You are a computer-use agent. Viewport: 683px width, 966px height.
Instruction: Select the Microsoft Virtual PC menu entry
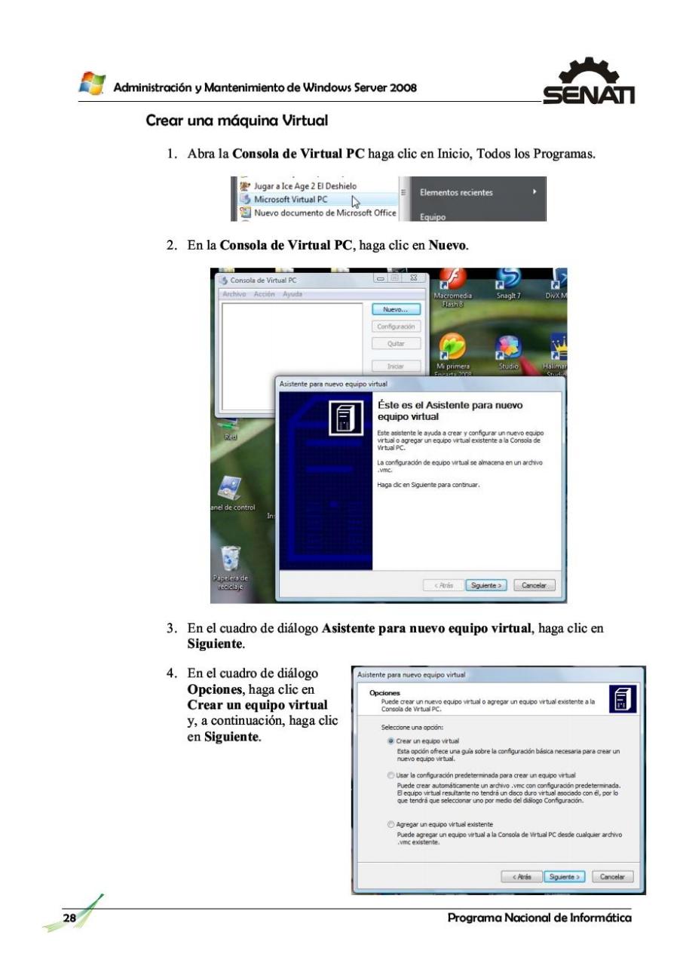[x=289, y=200]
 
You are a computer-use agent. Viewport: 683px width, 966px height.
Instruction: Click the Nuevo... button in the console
[x=394, y=309]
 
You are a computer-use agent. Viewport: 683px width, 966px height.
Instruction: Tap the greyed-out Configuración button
[x=394, y=327]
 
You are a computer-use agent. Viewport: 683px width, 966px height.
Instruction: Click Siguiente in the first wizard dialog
[x=485, y=585]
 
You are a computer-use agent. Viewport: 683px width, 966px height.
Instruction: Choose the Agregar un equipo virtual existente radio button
[x=390, y=825]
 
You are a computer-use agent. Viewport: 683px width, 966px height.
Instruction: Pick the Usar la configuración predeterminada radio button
[x=390, y=776]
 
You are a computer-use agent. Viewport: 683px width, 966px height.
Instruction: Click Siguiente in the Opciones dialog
[x=565, y=877]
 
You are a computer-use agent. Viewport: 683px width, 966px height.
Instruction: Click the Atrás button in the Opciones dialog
[x=522, y=877]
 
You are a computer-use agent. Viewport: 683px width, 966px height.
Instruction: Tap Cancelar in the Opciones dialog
[x=612, y=877]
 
